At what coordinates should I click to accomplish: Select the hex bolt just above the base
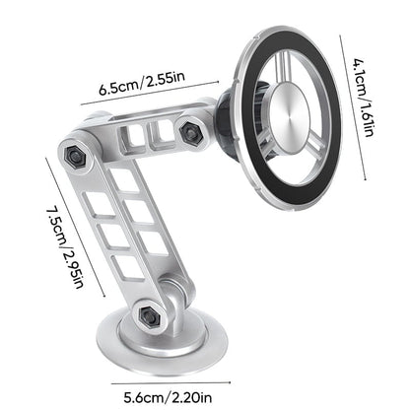click(x=149, y=315)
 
